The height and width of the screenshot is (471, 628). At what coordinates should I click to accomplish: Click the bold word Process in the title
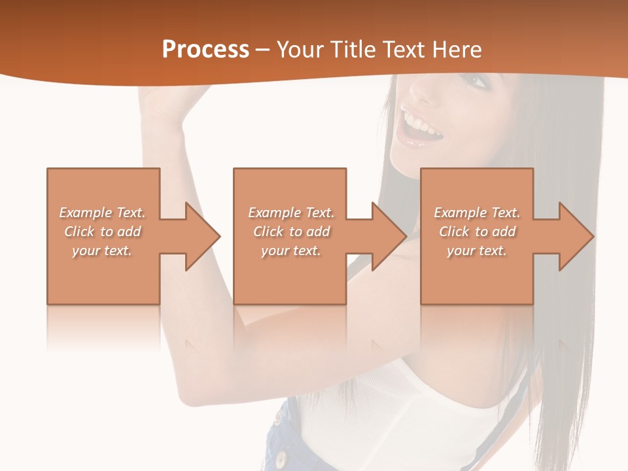click(x=205, y=50)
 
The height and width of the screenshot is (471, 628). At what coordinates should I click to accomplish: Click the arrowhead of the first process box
click(x=202, y=236)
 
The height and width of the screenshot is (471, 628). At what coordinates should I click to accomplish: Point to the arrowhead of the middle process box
click(x=389, y=236)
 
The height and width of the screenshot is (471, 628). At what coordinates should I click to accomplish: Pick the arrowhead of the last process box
click(x=576, y=236)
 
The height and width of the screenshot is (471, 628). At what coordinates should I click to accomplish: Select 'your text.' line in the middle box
click(x=290, y=251)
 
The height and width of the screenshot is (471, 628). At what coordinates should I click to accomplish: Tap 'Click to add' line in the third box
click(x=477, y=232)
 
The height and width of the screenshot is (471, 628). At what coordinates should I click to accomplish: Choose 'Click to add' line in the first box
click(x=103, y=232)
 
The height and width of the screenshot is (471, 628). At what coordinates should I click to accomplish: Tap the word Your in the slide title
click(x=299, y=50)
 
